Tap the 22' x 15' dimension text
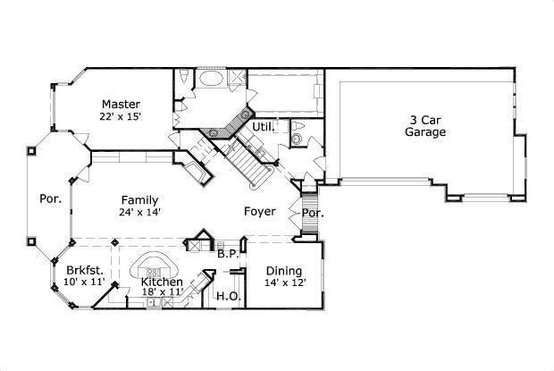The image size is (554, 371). pos(122,116)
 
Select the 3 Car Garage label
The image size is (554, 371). pos(425,125)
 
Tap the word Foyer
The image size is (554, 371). pos(261,212)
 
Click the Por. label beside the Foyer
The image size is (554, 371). pos(312,214)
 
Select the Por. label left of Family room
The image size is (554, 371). pos(50,199)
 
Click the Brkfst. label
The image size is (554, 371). pos(85,270)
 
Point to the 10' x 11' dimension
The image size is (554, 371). pos(85,282)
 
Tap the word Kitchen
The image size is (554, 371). pos(162,282)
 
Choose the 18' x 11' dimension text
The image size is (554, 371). pos(162,292)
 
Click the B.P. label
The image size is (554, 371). pos(227,254)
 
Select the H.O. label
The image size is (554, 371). pos(227,296)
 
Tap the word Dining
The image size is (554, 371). pos(283,271)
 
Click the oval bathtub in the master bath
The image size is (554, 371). pos(212,79)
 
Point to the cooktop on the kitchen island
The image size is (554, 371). pos(154,271)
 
